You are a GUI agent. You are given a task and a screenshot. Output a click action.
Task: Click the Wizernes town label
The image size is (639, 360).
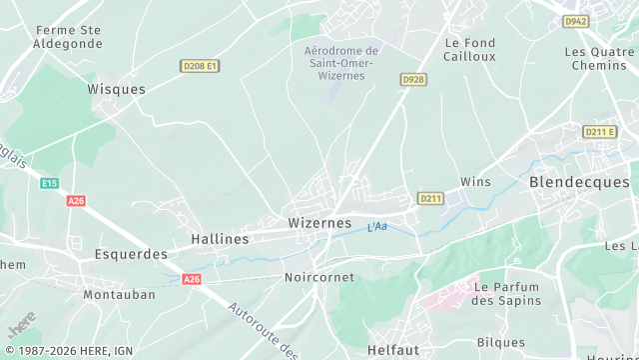[x=319, y=222]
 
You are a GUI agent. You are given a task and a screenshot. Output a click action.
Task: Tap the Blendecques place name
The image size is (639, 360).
[x=579, y=182]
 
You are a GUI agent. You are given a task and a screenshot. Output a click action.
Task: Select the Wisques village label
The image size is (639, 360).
[x=117, y=88]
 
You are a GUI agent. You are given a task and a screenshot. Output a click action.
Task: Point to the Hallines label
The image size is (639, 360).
[x=220, y=239]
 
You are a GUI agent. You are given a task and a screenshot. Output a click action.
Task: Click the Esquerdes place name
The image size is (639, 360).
[x=131, y=254]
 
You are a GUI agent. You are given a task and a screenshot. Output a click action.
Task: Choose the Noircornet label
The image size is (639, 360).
[x=319, y=277]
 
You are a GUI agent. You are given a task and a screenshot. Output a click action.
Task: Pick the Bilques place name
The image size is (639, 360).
[x=501, y=342]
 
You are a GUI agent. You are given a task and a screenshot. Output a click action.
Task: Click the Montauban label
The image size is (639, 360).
[x=119, y=295]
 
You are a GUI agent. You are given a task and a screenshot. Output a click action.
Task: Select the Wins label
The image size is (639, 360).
[x=475, y=181]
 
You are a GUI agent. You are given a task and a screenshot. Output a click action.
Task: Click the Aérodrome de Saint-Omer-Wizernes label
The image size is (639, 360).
[x=340, y=63]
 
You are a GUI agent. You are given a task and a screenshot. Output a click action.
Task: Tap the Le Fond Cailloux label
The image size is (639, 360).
[x=470, y=50]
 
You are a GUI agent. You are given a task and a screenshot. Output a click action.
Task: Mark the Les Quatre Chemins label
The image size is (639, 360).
[x=599, y=58]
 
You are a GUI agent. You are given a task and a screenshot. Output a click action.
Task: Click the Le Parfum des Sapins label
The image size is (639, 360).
[x=506, y=293]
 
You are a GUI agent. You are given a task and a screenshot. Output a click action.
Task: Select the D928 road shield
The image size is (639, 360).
[x=413, y=78]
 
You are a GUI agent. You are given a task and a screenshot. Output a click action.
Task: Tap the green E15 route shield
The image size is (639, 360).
[x=50, y=183]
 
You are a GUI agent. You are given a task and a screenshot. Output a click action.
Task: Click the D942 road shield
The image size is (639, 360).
[x=574, y=20]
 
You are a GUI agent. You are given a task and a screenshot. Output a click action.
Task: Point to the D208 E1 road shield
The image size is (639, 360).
[x=200, y=66]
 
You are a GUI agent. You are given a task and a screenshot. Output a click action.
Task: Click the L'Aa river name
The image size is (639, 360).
[x=377, y=227]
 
